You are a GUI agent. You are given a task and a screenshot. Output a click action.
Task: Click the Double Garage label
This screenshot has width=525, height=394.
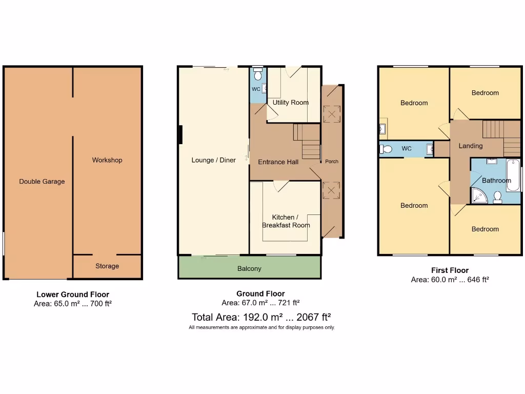[42, 182]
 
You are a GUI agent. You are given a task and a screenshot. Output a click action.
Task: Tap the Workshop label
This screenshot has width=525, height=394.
[107, 160]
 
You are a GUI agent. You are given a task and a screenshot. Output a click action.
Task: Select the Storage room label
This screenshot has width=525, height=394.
[107, 266]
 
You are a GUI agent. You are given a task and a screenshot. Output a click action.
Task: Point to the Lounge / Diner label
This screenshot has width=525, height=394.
[214, 160]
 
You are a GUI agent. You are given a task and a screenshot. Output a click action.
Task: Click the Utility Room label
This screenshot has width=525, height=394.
[291, 103]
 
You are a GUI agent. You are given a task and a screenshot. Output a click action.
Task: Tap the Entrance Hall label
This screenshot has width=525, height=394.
[278, 162]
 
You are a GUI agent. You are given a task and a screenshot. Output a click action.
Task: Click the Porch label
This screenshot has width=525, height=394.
[332, 162]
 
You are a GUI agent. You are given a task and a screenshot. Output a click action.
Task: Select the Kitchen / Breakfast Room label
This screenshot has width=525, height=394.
[286, 221]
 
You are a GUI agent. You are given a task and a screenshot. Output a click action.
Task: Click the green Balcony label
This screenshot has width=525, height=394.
[249, 269]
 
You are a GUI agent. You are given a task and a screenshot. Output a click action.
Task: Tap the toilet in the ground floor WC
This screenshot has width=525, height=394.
[258, 74]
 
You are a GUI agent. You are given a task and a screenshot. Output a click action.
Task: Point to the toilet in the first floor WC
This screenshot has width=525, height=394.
[387, 149]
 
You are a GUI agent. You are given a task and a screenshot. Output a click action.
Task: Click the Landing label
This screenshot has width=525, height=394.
[470, 146]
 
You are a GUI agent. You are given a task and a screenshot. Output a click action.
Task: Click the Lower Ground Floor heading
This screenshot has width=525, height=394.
[72, 294]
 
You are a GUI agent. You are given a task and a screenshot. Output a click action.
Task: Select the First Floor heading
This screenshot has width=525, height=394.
[450, 270]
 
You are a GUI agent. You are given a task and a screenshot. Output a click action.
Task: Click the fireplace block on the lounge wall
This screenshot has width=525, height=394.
[180, 134]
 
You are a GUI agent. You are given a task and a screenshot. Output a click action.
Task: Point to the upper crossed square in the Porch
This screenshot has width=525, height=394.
[331, 114]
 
